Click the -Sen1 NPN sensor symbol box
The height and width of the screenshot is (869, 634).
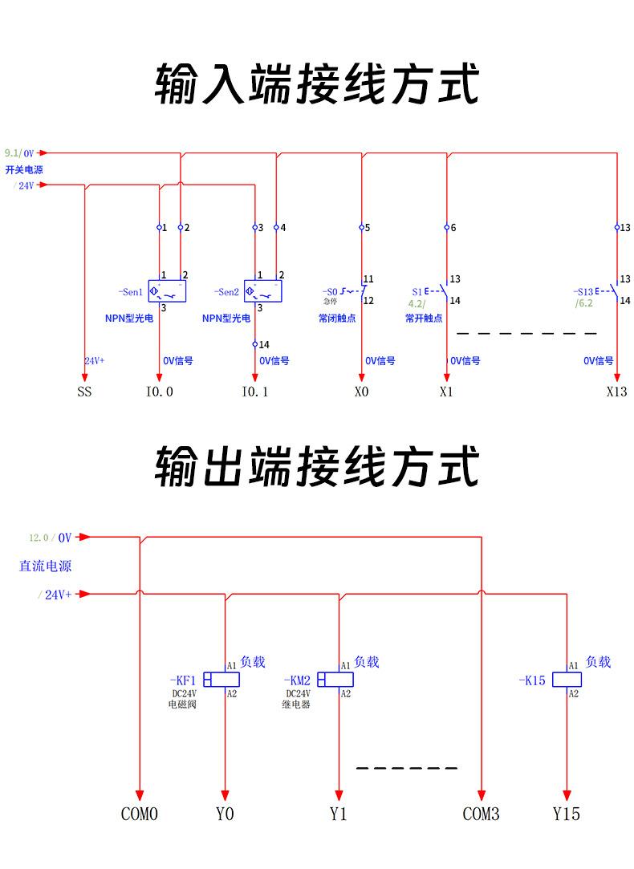tap(167, 291)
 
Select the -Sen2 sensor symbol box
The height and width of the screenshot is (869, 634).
tap(263, 291)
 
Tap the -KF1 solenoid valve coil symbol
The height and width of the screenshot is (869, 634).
tap(221, 680)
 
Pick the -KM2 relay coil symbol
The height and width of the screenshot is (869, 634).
tap(336, 680)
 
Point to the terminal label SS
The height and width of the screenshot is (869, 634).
tap(84, 392)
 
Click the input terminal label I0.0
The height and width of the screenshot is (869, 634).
tap(159, 392)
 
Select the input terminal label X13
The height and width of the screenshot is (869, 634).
tap(616, 392)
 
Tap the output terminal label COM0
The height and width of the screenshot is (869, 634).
tap(140, 814)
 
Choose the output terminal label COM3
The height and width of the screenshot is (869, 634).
tap(481, 814)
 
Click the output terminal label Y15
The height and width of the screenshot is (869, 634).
tap(566, 814)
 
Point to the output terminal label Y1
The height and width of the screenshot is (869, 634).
tap(338, 814)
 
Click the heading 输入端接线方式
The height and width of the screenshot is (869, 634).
tap(317, 84)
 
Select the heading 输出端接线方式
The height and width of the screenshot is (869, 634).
tap(317, 468)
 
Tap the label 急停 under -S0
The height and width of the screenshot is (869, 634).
tap(331, 302)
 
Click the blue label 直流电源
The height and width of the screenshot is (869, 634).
tap(46, 566)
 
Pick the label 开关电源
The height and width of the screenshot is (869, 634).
tap(24, 170)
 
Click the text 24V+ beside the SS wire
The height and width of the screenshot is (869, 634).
tap(96, 361)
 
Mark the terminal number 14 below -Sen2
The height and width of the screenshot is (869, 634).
tap(264, 344)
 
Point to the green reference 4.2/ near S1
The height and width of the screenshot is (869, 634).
tap(417, 304)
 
